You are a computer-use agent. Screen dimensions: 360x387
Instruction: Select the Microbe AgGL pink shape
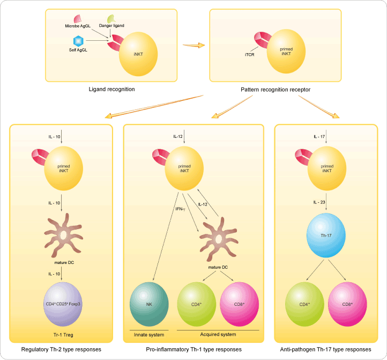(x=77, y=19)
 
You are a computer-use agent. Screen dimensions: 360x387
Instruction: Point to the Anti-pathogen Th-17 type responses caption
(x=325, y=349)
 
